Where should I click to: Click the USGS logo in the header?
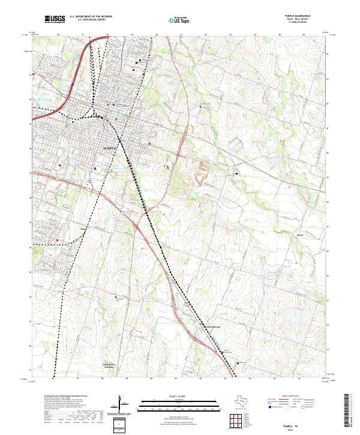pos(55,20)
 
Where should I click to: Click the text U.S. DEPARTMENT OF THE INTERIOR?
pos(91,17)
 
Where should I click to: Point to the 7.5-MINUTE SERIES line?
pos(302,25)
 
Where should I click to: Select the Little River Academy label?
pos(91,365)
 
